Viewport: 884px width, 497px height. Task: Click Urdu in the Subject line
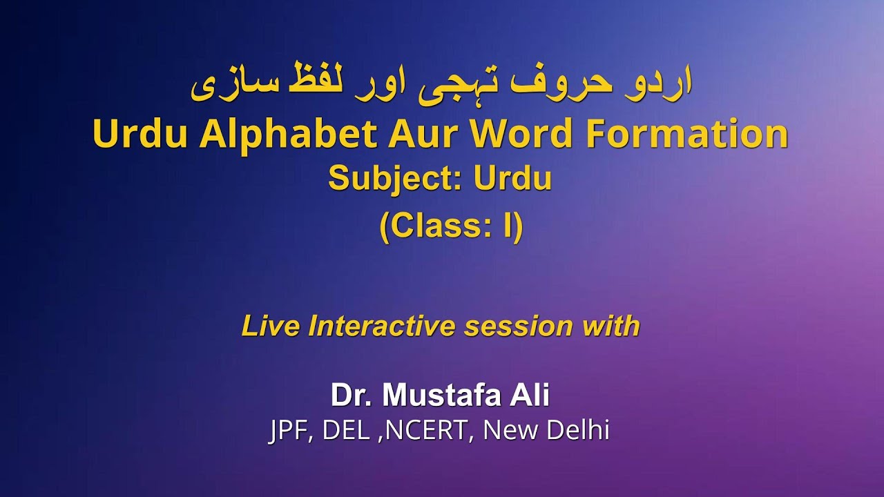512,179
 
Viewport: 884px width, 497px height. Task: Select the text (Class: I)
451,226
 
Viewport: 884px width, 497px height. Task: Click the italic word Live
271,326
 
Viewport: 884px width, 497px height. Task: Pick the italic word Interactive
382,326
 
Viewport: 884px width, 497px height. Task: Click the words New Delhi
546,431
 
